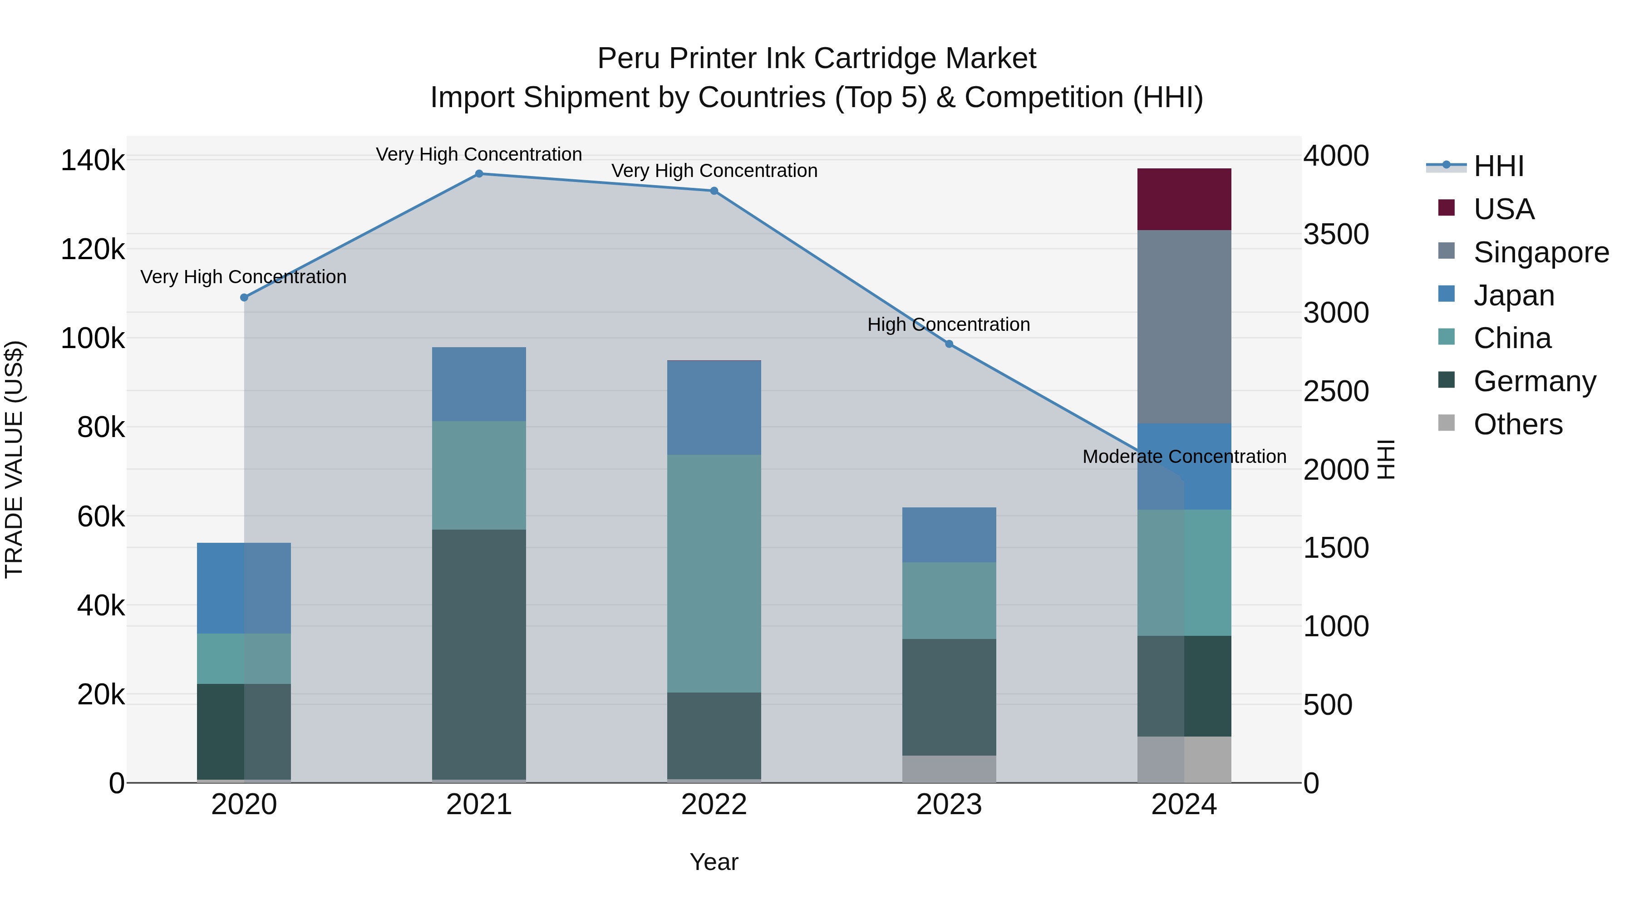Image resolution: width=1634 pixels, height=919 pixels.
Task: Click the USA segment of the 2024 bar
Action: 1184,199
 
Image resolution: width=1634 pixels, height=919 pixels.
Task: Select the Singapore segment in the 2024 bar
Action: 1184,327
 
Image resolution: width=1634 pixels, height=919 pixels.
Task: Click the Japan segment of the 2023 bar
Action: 949,535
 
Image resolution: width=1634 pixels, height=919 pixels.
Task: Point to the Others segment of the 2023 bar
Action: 949,769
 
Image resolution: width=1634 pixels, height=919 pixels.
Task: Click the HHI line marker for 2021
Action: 479,174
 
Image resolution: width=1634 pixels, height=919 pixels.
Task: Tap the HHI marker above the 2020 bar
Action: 244,297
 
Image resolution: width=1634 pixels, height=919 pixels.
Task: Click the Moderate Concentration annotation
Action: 1184,457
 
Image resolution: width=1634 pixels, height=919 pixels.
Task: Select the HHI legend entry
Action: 1498,166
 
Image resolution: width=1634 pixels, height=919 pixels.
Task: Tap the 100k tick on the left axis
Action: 93,339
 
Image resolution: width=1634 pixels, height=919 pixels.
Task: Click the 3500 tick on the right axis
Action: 1336,235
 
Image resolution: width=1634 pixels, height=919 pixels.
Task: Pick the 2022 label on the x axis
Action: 714,805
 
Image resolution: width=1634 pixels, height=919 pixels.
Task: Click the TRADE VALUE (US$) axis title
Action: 14,459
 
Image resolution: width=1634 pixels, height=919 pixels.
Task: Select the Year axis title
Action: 714,862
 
